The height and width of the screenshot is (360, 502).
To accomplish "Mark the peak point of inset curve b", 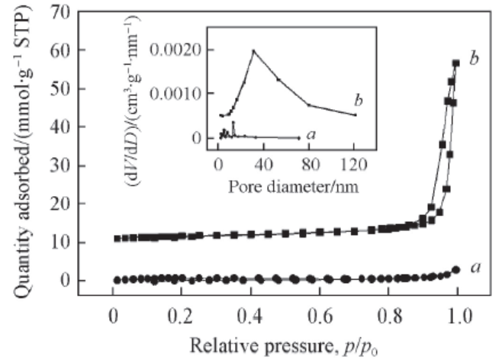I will pos(253,51).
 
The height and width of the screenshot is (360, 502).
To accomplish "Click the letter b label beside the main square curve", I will pos(475,59).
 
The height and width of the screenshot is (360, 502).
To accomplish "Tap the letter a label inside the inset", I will pos(311,134).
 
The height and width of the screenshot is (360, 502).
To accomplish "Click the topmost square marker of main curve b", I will pos(456,63).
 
